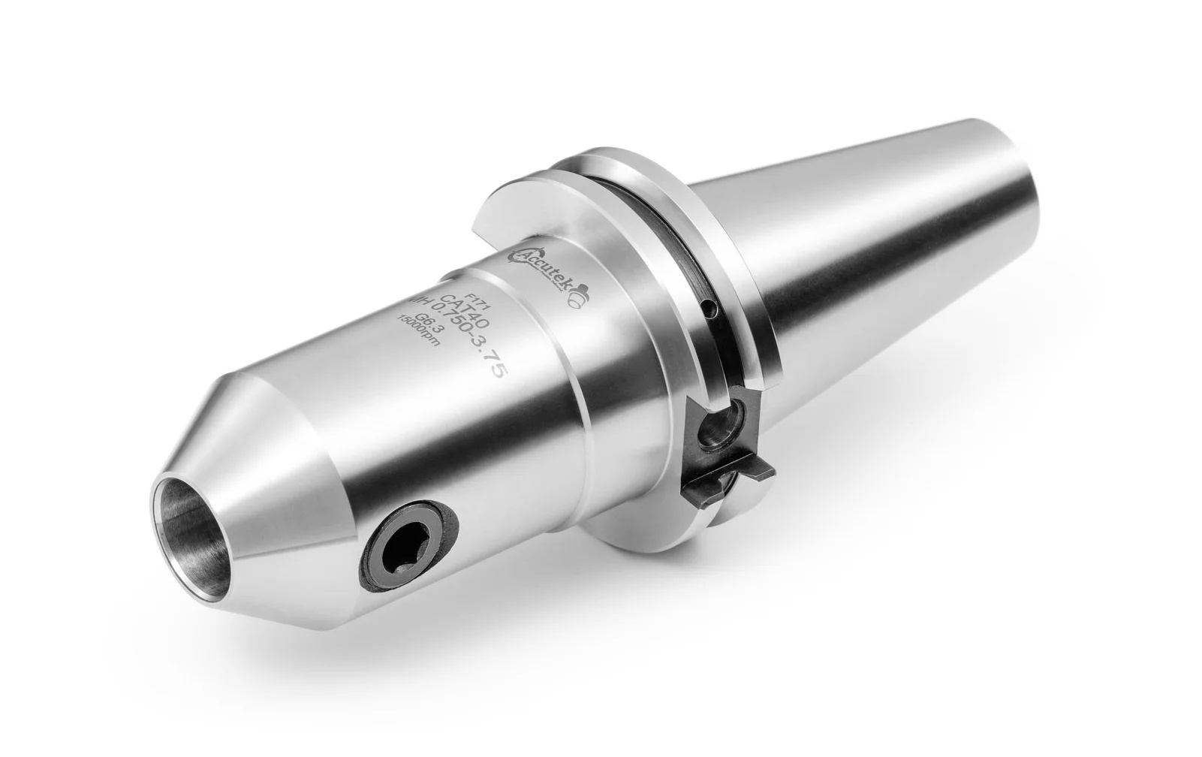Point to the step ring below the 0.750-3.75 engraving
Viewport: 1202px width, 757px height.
coord(586,391)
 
